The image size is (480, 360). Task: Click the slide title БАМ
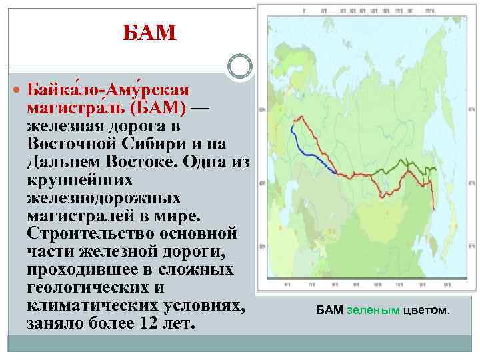(x=150, y=31)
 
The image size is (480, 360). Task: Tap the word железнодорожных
(x=104, y=198)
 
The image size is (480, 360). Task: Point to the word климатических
(x=91, y=306)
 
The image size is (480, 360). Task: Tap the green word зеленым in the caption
(x=373, y=311)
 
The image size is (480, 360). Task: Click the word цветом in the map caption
(x=426, y=311)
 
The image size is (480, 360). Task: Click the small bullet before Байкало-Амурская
(x=17, y=89)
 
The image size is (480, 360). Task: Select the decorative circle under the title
(x=239, y=67)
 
